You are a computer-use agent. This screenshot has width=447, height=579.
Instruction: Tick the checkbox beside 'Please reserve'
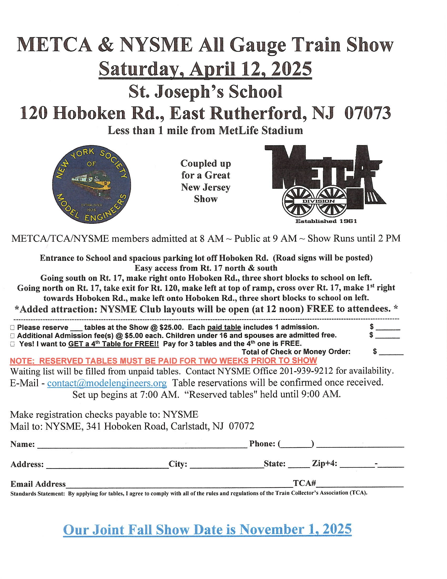(x=12, y=328)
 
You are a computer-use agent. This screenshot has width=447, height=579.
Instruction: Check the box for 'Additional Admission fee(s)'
(x=12, y=336)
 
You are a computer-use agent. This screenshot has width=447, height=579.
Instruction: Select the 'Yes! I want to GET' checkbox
(x=12, y=345)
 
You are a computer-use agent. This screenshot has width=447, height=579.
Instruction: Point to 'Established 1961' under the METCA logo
(x=326, y=221)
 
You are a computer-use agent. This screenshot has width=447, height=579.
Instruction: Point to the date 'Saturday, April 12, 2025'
(x=205, y=69)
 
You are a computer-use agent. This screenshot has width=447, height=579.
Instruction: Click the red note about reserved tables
(x=163, y=361)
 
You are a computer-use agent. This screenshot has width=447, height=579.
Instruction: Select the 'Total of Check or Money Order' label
(x=296, y=352)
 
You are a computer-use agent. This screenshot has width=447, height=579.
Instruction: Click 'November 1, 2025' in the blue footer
(x=296, y=530)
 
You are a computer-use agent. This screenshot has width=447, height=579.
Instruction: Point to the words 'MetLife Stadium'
(x=261, y=131)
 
